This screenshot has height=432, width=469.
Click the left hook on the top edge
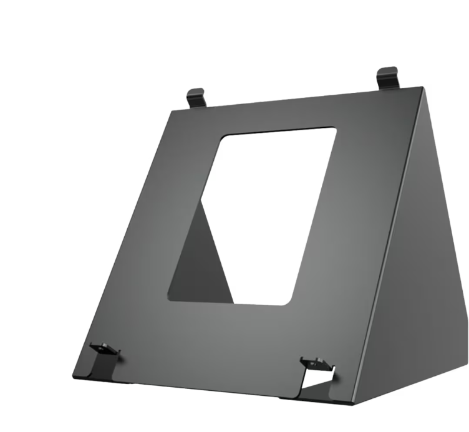[196, 97]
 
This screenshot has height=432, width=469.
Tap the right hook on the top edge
[387, 77]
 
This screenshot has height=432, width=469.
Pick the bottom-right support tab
[316, 363]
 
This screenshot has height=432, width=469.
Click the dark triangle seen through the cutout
[200, 262]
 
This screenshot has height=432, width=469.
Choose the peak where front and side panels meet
[422, 89]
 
